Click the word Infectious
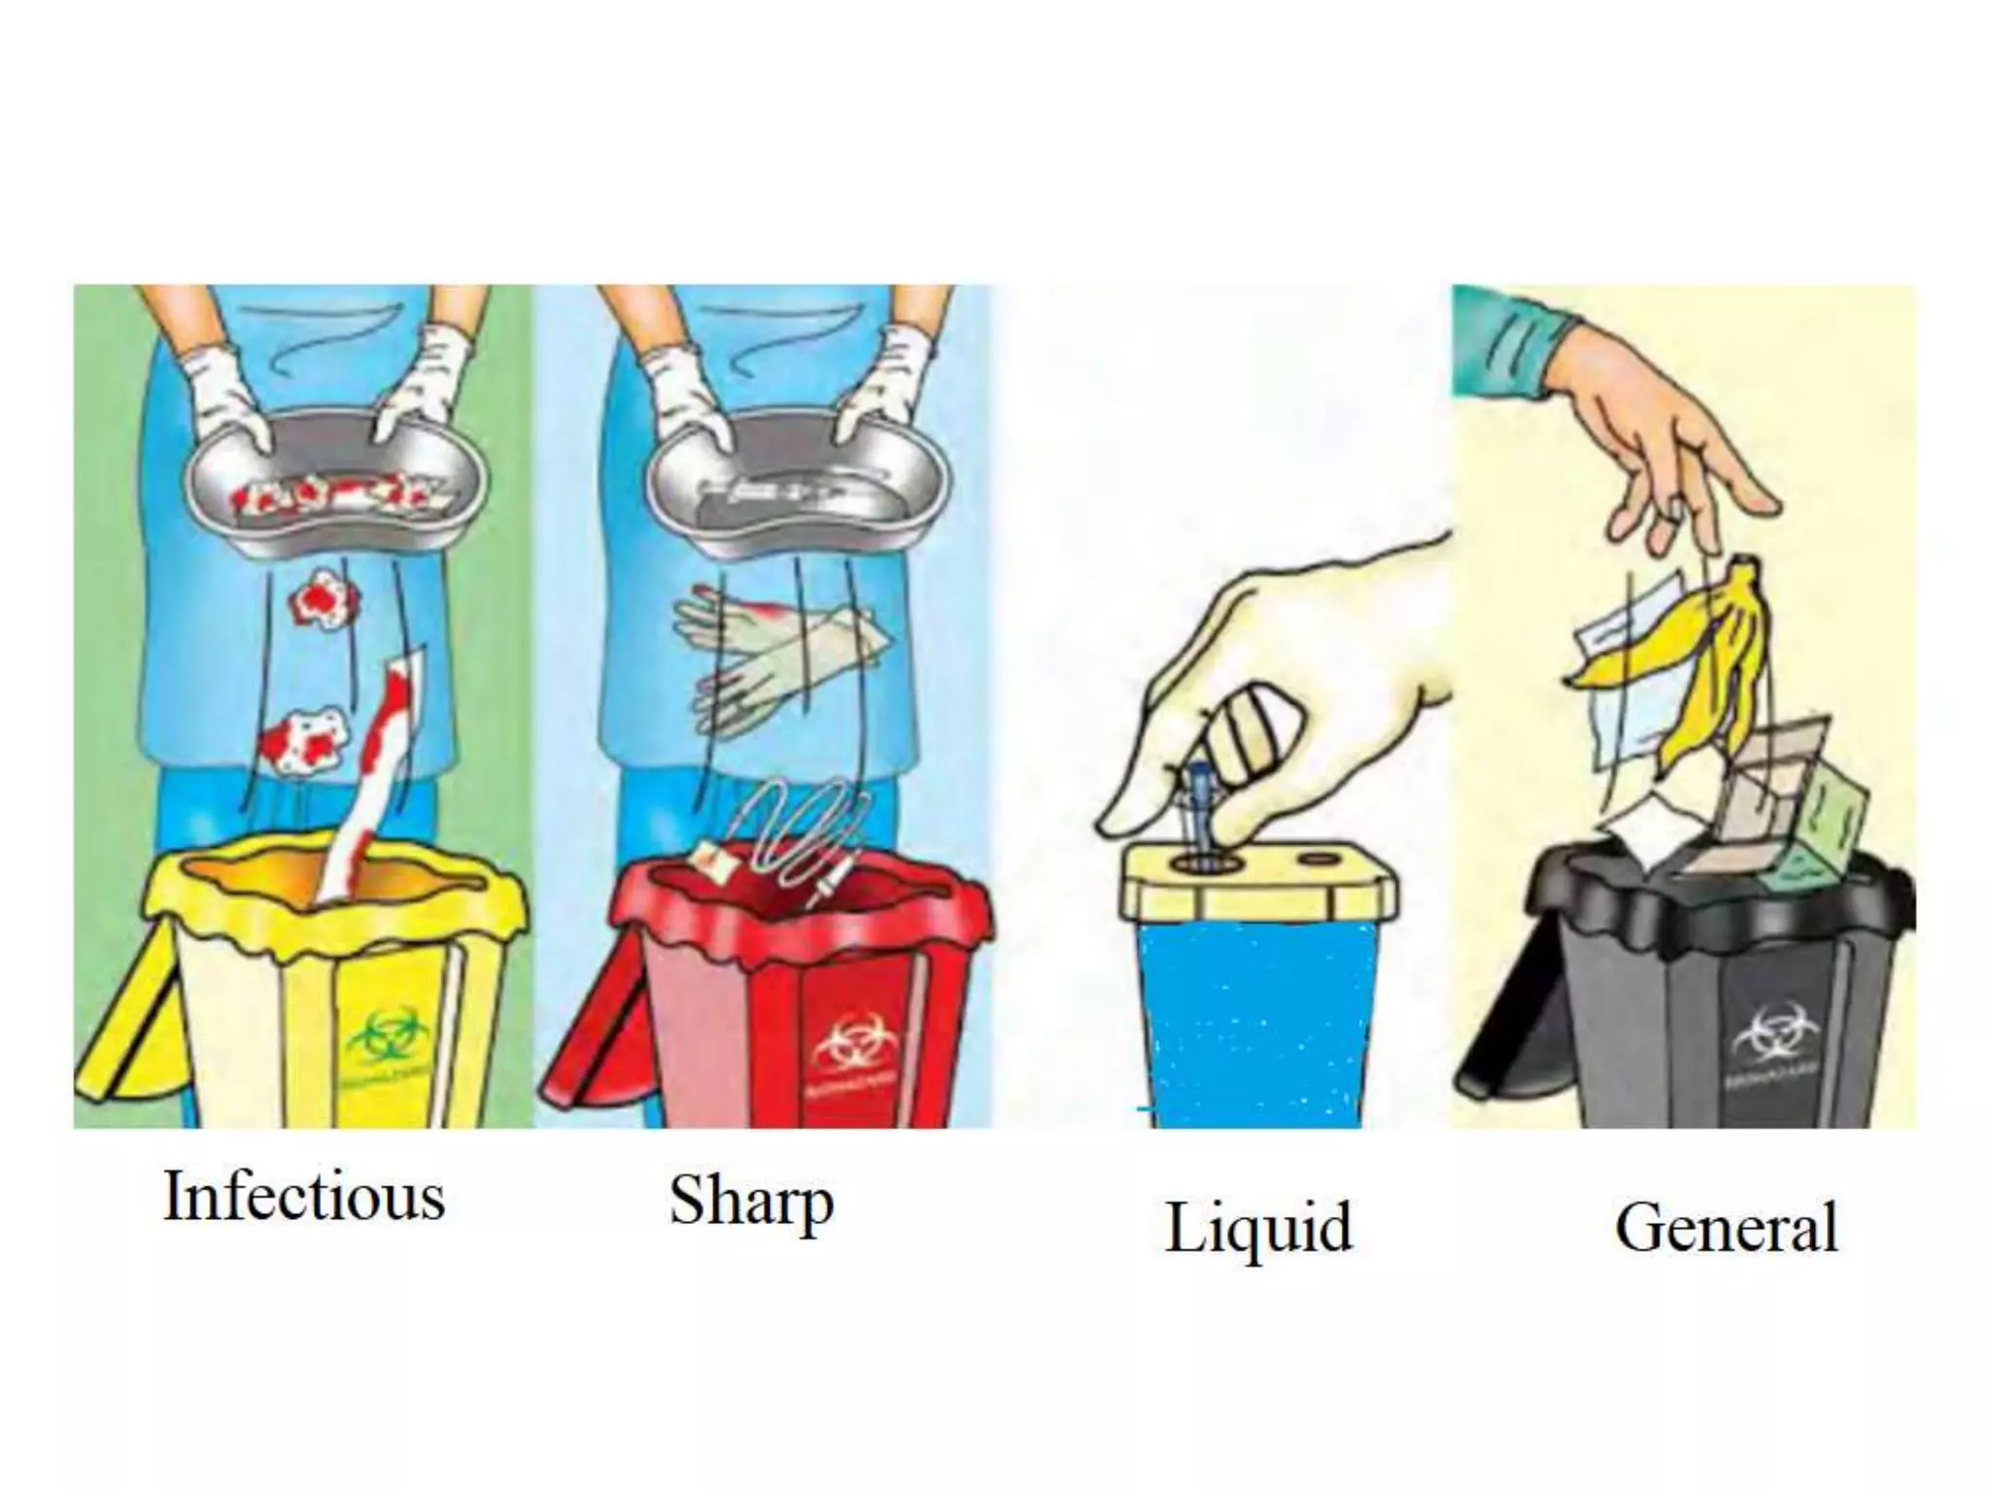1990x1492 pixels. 304,1197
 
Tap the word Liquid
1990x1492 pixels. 1258,1229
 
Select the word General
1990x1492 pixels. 1727,1229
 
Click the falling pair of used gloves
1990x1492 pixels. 777,661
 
